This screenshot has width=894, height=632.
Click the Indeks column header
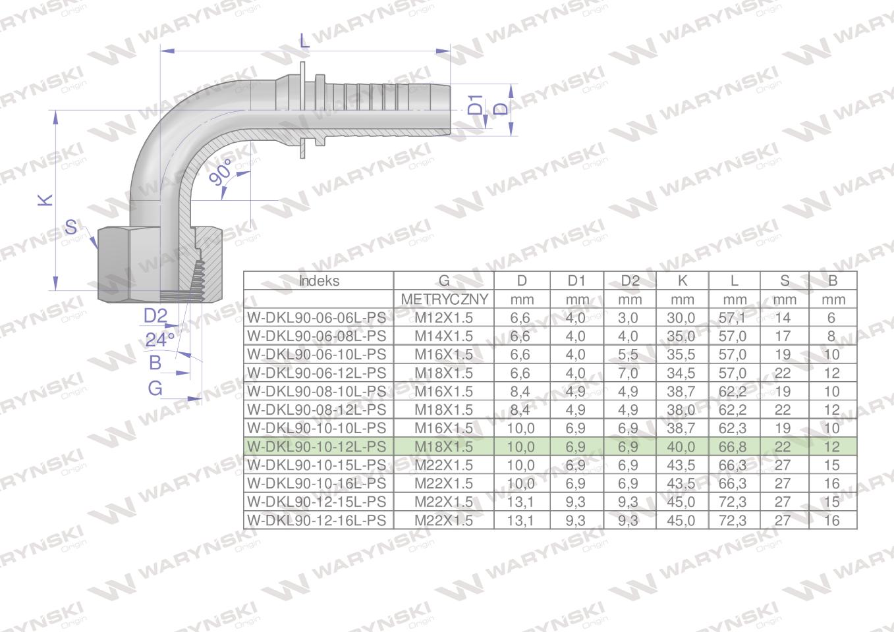click(319, 281)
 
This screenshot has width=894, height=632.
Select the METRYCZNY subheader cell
click(444, 300)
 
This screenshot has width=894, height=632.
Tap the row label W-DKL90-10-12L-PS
click(317, 446)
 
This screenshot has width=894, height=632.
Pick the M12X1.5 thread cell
click(443, 318)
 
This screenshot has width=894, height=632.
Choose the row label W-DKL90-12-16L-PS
click(317, 520)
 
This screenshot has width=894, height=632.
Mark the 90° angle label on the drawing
click(221, 172)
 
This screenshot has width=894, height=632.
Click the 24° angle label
click(159, 340)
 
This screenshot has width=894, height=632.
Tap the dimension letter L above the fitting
click(304, 40)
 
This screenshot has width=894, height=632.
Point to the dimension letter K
click(45, 199)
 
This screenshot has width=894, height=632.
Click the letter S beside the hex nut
click(70, 228)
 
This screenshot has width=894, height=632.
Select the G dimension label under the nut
click(155, 388)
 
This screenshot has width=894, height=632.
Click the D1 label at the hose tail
click(476, 105)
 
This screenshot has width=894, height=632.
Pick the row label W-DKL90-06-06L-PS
click(317, 318)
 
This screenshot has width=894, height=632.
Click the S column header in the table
click(784, 281)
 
